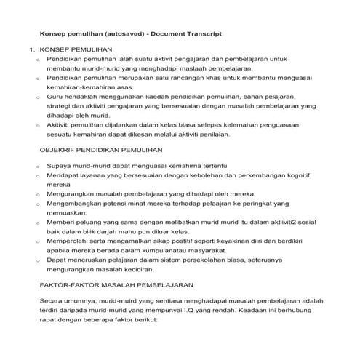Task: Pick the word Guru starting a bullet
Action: point(55,96)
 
